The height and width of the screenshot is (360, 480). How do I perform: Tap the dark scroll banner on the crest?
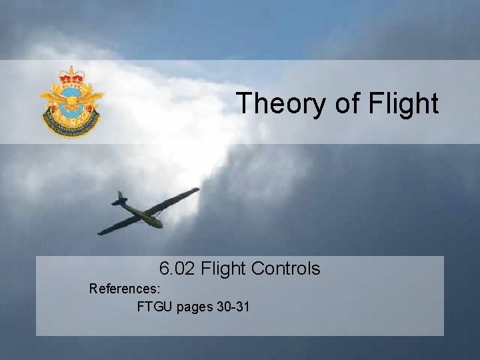(71, 123)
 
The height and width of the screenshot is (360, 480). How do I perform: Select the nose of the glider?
(161, 225)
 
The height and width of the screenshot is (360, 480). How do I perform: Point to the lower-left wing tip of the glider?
(101, 233)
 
